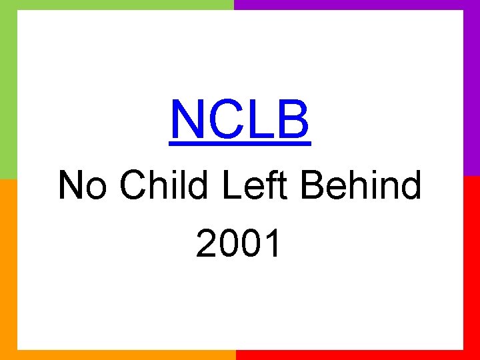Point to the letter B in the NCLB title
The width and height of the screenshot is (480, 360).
[x=291, y=120]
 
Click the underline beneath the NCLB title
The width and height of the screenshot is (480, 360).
[x=240, y=142]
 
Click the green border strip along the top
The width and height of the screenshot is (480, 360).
[x=117, y=5]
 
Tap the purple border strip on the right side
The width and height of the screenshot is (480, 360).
[x=472, y=87]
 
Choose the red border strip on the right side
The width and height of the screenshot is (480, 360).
[x=472, y=267]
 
